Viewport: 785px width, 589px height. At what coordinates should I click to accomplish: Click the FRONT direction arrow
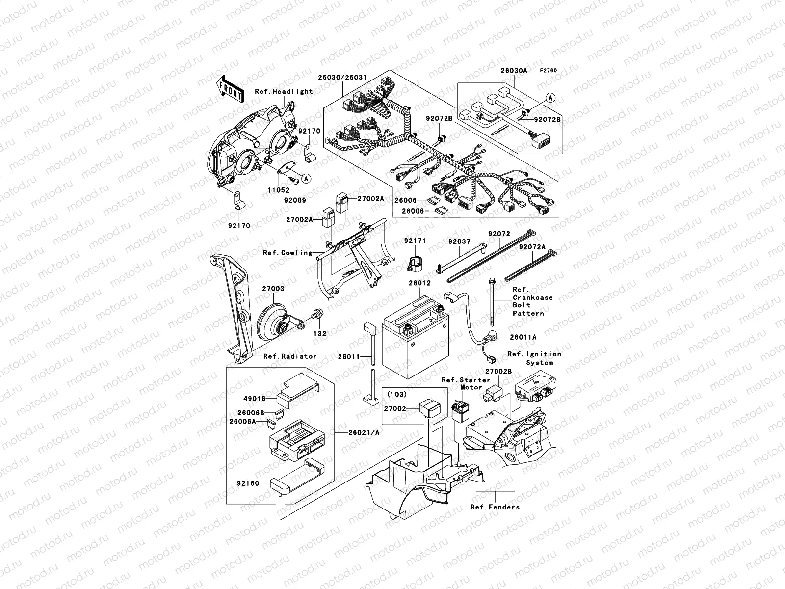(231, 89)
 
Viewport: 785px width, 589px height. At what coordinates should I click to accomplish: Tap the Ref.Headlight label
(283, 91)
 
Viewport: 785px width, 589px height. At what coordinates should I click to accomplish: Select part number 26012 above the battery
(419, 283)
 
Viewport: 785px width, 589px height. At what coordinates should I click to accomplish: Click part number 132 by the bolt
(320, 334)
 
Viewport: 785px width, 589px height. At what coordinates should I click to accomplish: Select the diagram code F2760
(549, 71)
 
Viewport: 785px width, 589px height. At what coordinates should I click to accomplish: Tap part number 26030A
(514, 71)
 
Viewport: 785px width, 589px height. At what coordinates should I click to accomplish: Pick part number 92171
(415, 241)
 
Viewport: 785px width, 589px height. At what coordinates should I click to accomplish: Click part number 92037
(459, 241)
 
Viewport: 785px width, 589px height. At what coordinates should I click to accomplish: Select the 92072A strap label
(533, 247)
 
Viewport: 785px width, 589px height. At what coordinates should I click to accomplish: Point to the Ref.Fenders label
(495, 507)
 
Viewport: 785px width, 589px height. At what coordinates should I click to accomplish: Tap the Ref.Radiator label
(289, 356)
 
